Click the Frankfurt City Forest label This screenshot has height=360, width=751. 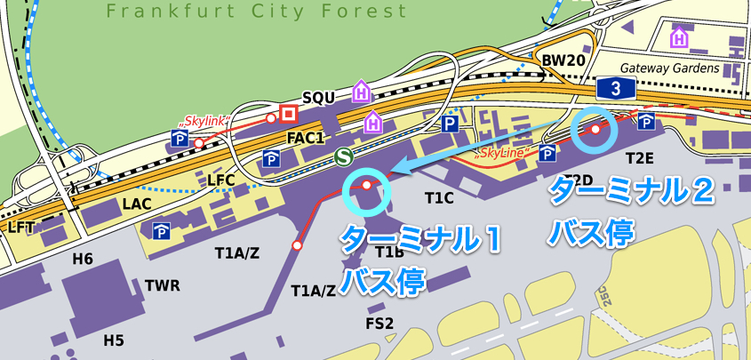256,12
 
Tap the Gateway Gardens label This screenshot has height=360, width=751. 669,68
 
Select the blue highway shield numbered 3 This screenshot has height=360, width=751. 615,88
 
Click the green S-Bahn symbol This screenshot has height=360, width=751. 342,156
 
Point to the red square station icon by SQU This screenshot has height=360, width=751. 288,113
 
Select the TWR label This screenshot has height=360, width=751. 162,285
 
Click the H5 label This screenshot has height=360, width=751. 114,340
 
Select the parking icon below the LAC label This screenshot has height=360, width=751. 161,232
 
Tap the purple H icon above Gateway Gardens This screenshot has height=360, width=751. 680,38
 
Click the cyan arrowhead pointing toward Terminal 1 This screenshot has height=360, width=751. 402,167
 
